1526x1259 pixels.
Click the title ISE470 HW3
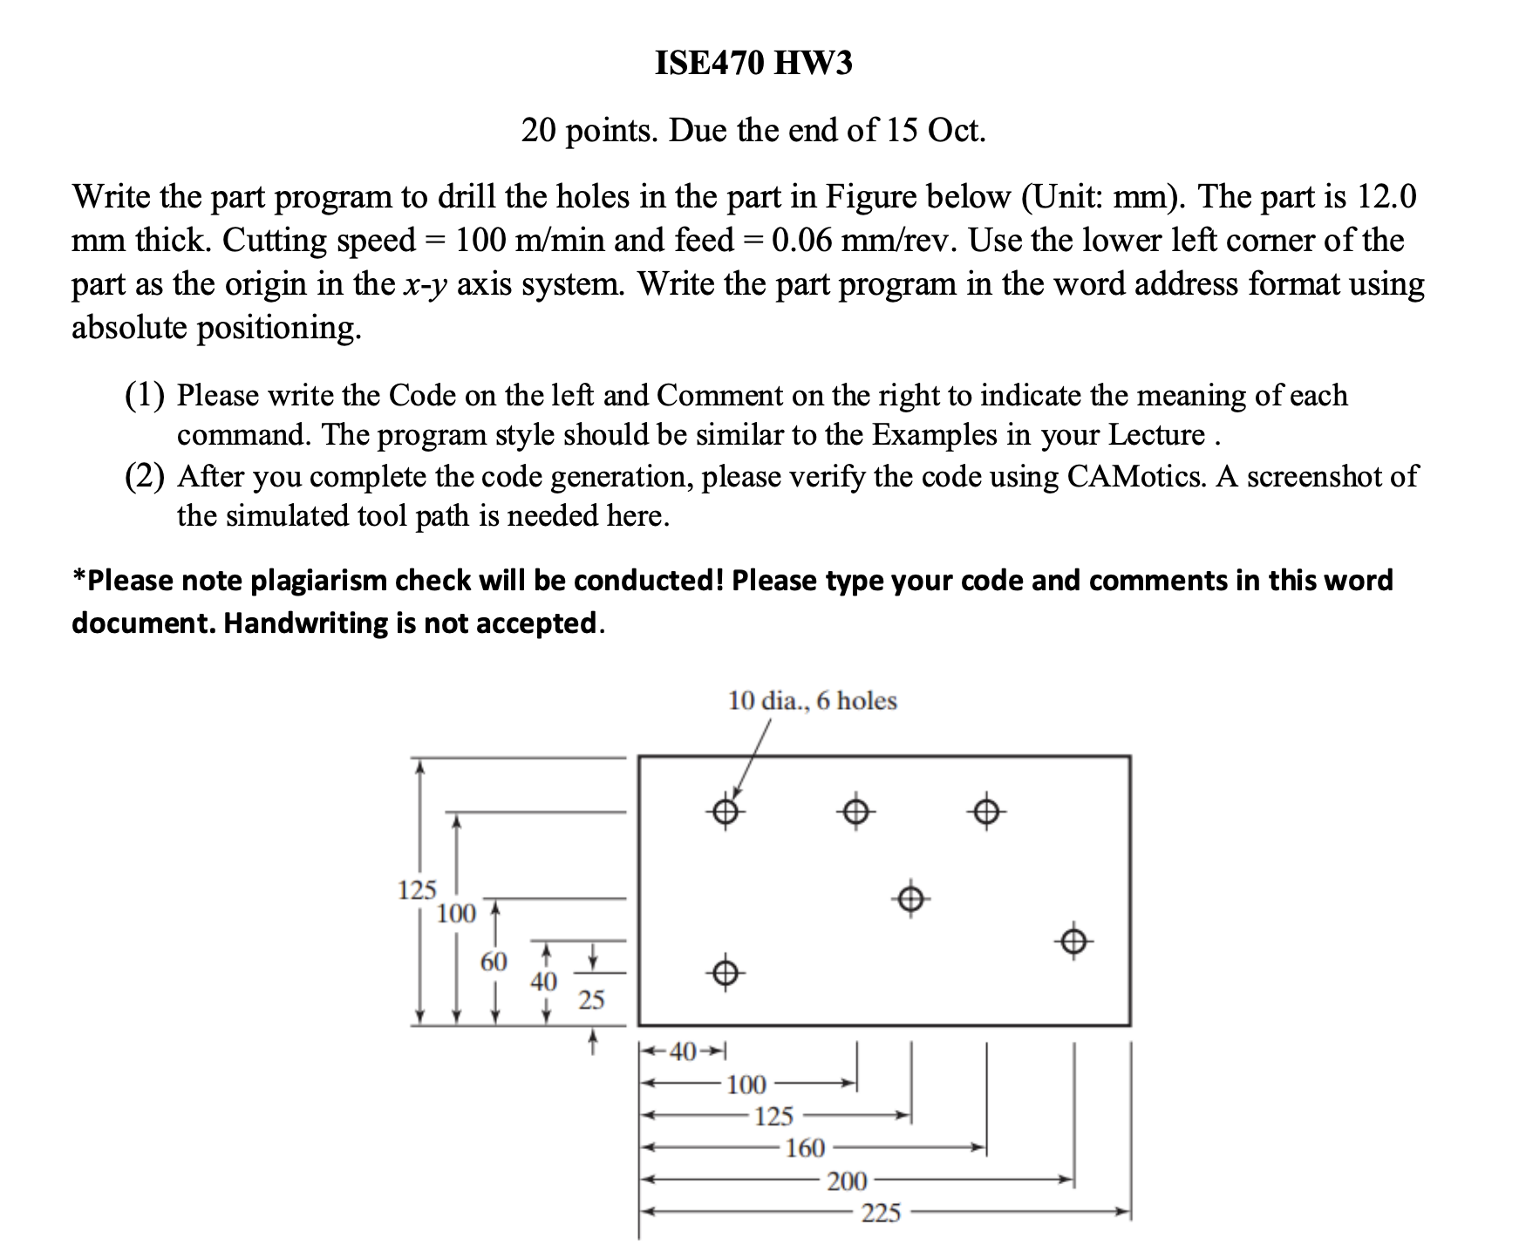pyautogui.click(x=753, y=63)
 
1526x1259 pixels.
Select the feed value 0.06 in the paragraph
pyautogui.click(x=802, y=241)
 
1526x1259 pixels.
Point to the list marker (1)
pyautogui.click(x=145, y=396)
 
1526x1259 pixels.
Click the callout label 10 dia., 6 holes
pyautogui.click(x=812, y=701)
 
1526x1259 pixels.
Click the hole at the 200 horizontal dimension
pyautogui.click(x=1073, y=942)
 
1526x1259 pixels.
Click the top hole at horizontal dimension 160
pyautogui.click(x=986, y=813)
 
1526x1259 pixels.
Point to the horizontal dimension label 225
pyautogui.click(x=881, y=1213)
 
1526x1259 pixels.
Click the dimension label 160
pyautogui.click(x=804, y=1148)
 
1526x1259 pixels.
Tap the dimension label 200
pyautogui.click(x=847, y=1181)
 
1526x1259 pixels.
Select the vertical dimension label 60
pyautogui.click(x=494, y=962)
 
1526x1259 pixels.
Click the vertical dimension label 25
pyautogui.click(x=591, y=1000)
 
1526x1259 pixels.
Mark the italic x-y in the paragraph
pyautogui.click(x=426, y=285)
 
